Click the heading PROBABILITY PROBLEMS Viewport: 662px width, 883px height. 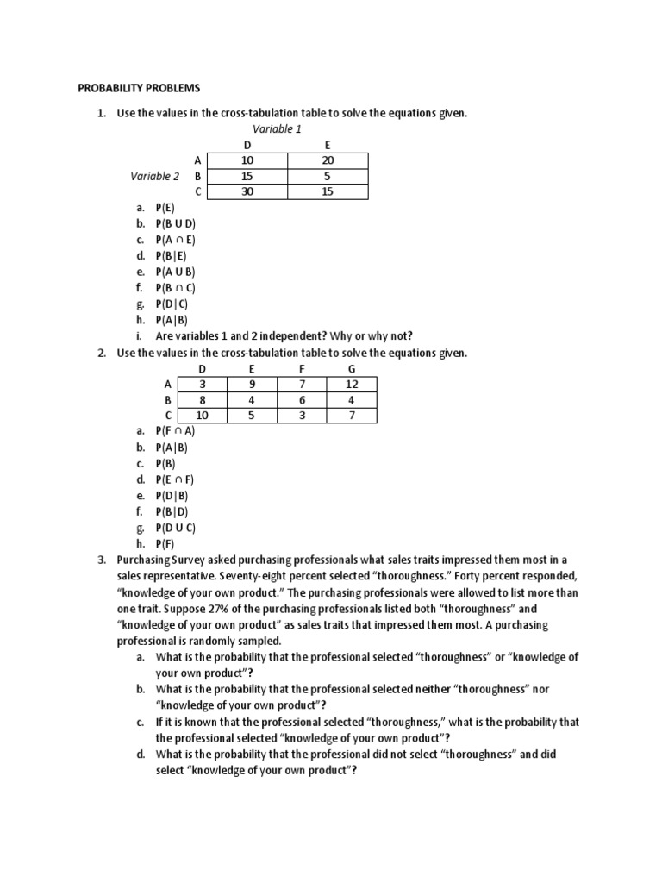coord(138,88)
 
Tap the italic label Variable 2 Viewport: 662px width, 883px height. coord(155,176)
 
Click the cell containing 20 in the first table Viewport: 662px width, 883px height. coord(328,160)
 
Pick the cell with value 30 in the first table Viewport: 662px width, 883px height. coord(248,191)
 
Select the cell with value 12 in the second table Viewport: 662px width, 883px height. coord(351,384)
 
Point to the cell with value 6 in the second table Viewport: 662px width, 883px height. coord(302,400)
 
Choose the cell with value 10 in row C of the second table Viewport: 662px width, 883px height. coord(202,416)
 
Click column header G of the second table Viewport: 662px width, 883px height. coord(351,368)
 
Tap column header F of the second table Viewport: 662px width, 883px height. coord(302,368)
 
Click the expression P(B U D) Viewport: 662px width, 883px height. coord(177,223)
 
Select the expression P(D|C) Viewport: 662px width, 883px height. coord(173,304)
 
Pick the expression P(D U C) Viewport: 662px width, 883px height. coord(177,528)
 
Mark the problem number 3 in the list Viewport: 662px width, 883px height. coord(100,560)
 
